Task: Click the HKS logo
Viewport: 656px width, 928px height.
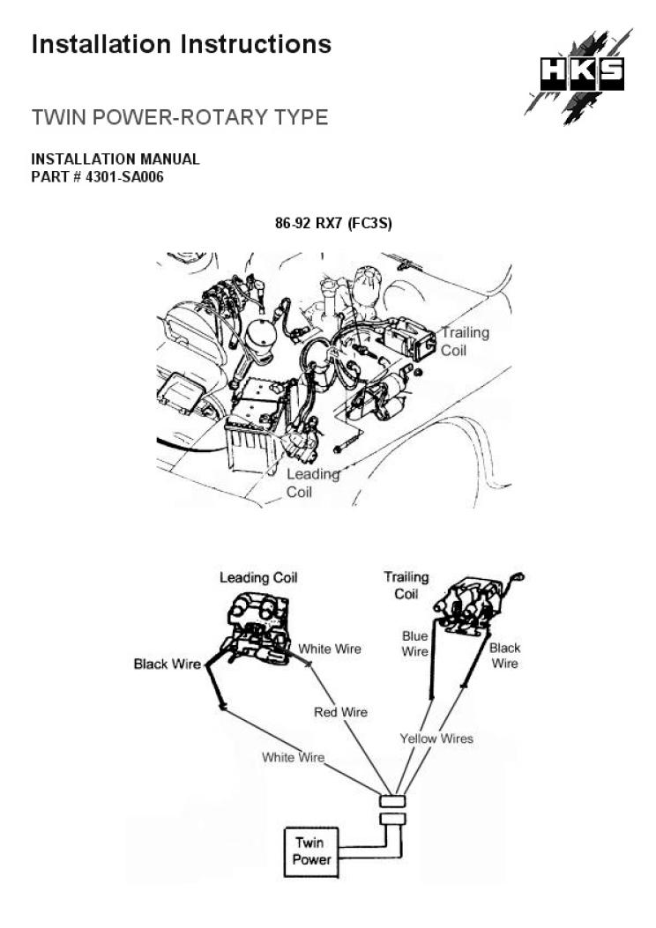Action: [581, 74]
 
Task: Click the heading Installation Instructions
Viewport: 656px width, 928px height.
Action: [182, 44]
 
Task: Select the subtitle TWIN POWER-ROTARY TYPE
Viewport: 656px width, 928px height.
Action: [179, 117]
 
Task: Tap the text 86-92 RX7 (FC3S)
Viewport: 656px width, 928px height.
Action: [333, 224]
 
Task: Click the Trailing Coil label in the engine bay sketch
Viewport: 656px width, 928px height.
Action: [465, 341]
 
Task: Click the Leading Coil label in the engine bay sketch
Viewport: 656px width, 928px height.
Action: [313, 483]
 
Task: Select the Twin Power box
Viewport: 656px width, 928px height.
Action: [309, 850]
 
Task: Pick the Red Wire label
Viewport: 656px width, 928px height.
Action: [340, 712]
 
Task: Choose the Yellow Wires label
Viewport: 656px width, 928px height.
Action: [436, 739]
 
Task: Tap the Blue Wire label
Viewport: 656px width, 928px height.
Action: [414, 643]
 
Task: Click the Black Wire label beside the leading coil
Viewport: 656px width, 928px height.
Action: [167, 664]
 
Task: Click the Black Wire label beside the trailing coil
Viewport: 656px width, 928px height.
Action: [504, 655]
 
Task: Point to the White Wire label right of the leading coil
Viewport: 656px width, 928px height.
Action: [329, 649]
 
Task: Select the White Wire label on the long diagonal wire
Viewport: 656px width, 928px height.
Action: [293, 757]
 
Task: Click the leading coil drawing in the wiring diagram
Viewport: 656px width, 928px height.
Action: [257, 625]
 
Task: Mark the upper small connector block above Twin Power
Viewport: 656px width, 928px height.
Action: [392, 801]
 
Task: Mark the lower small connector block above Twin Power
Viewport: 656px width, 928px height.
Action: [392, 820]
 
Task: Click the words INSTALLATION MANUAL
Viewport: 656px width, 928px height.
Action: [116, 160]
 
